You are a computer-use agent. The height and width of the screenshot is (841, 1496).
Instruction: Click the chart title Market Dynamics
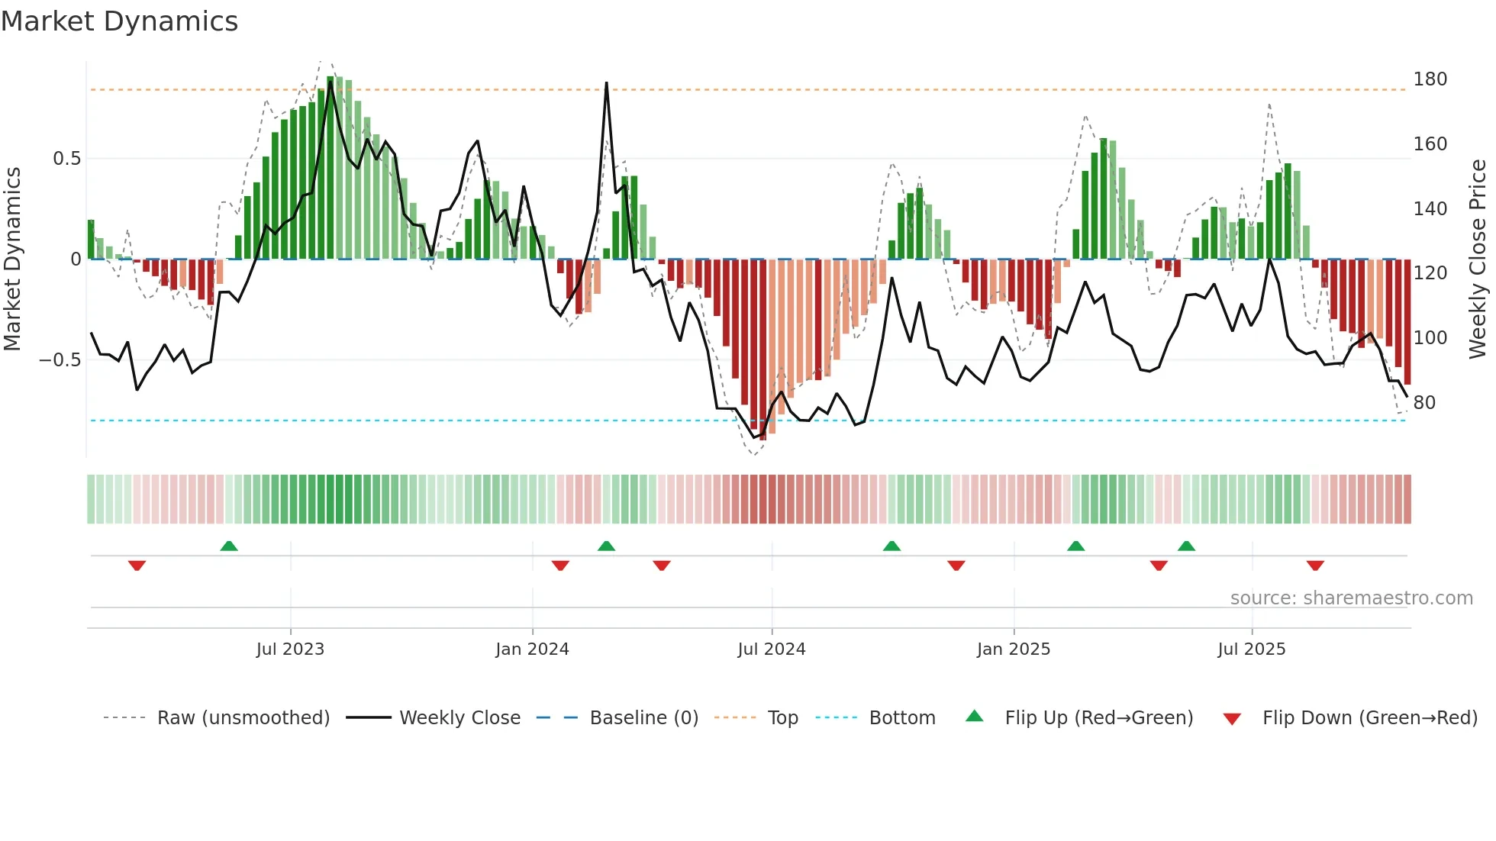pyautogui.click(x=120, y=21)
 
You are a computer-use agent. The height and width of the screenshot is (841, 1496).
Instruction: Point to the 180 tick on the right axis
pyautogui.click(x=1430, y=79)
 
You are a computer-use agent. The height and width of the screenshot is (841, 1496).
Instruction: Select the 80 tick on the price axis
pyautogui.click(x=1424, y=402)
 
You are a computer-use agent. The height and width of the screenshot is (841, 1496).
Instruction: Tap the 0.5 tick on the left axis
pyautogui.click(x=66, y=159)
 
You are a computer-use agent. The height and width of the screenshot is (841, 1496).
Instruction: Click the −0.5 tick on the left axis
pyautogui.click(x=60, y=359)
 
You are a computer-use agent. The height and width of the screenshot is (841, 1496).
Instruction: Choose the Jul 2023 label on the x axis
pyautogui.click(x=290, y=649)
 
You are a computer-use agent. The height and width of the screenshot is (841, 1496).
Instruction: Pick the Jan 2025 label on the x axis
pyautogui.click(x=1014, y=649)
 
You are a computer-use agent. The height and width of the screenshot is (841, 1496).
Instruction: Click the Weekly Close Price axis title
pyautogui.click(x=1478, y=259)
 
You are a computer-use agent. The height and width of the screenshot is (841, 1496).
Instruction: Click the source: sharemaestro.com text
pyautogui.click(x=1351, y=598)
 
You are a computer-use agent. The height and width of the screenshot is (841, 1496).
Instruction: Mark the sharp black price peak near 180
pyautogui.click(x=607, y=84)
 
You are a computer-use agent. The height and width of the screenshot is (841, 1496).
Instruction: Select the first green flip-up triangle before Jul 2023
pyautogui.click(x=229, y=546)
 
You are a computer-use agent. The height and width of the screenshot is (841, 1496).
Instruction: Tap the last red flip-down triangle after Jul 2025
pyautogui.click(x=1315, y=565)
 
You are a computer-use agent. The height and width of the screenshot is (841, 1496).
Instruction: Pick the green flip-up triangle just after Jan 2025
pyautogui.click(x=1075, y=546)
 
